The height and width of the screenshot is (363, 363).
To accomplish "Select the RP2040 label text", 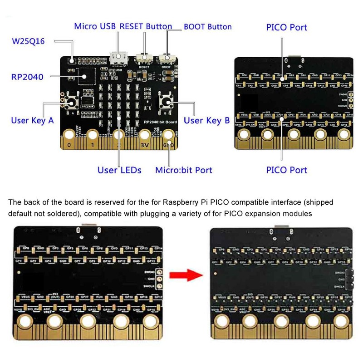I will coord(27,77).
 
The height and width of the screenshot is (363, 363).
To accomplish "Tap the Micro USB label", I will coord(95,26).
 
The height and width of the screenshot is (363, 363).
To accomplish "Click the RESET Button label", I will coord(145,26).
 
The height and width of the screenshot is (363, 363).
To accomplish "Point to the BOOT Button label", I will coord(207,27).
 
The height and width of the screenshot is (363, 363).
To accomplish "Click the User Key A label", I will coord(32,121).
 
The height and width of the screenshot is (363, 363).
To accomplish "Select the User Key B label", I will coord(207,120).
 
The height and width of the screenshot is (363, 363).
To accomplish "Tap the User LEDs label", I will coord(119,170).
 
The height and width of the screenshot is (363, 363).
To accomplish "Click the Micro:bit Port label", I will coord(184,170).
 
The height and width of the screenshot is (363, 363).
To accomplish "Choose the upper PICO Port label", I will coord(286,27).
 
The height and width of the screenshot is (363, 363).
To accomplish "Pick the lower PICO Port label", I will coord(286,170).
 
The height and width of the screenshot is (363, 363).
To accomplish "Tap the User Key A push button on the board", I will coord(72,102).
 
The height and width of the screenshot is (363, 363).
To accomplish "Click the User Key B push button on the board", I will coord(165,102).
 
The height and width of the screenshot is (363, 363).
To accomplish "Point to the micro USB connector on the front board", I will coord(118,58).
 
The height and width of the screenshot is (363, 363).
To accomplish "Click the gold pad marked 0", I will coord(69,135).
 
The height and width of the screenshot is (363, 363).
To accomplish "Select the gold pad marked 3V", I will coord(144,135).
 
